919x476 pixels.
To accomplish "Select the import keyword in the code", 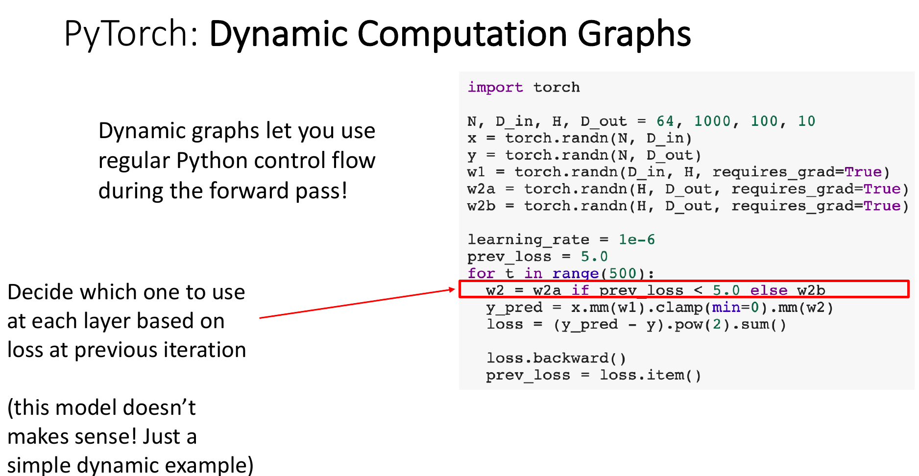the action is pos(495,87).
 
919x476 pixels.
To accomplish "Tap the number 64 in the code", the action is pos(665,121).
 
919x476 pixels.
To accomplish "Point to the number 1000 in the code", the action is pos(712,121).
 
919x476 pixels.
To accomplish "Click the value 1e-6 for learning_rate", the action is pos(636,239).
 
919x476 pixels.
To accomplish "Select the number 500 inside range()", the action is pos(623,273).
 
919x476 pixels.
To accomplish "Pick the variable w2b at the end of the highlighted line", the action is pos(811,290).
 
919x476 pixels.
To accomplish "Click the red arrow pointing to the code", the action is pos(358,304).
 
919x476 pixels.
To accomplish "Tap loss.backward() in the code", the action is pos(556,358).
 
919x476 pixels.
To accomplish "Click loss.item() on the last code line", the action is pos(651,375).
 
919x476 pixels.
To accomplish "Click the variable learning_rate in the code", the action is pos(528,239).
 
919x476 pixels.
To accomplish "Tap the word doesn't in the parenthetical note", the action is pos(159,407).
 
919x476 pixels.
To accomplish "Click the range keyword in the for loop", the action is pos(576,273).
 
